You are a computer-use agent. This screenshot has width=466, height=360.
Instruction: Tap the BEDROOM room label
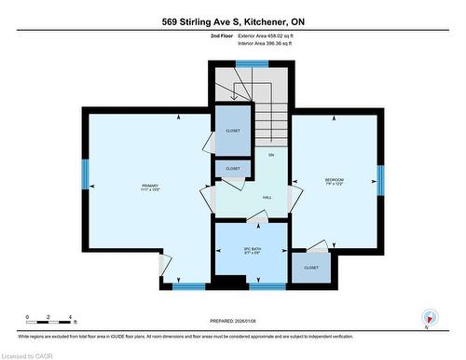(x=335, y=182)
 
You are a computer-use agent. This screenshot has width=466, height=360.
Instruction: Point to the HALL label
(x=266, y=198)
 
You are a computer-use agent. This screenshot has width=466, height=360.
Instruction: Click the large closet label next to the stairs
(x=232, y=132)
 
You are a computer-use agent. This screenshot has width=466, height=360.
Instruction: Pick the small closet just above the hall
(x=232, y=169)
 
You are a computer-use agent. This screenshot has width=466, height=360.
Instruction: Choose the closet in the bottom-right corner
(x=310, y=268)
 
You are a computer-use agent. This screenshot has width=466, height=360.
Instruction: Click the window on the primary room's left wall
(x=85, y=173)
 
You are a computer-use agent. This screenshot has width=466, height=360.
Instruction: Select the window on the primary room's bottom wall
(x=188, y=285)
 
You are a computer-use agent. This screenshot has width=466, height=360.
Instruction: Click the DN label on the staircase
(x=271, y=154)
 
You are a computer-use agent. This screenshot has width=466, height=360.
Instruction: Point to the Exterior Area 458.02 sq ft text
(x=265, y=35)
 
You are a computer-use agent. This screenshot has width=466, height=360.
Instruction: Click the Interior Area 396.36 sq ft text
(x=264, y=43)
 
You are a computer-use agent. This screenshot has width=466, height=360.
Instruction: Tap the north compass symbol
(x=429, y=317)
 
